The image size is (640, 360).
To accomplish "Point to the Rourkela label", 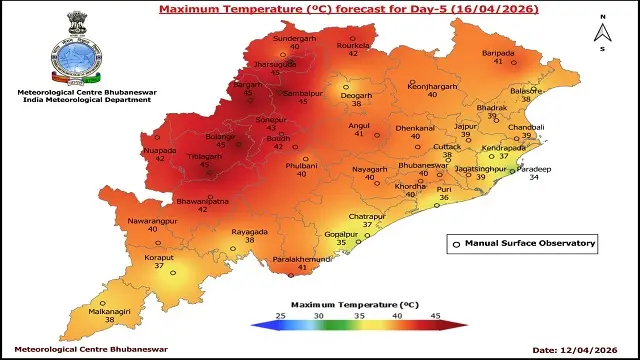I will click(352, 42).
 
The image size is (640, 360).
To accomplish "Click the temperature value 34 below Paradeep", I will click(536, 180).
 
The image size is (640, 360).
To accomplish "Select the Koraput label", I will click(157, 256).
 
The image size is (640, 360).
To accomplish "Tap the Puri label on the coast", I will click(444, 187).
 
